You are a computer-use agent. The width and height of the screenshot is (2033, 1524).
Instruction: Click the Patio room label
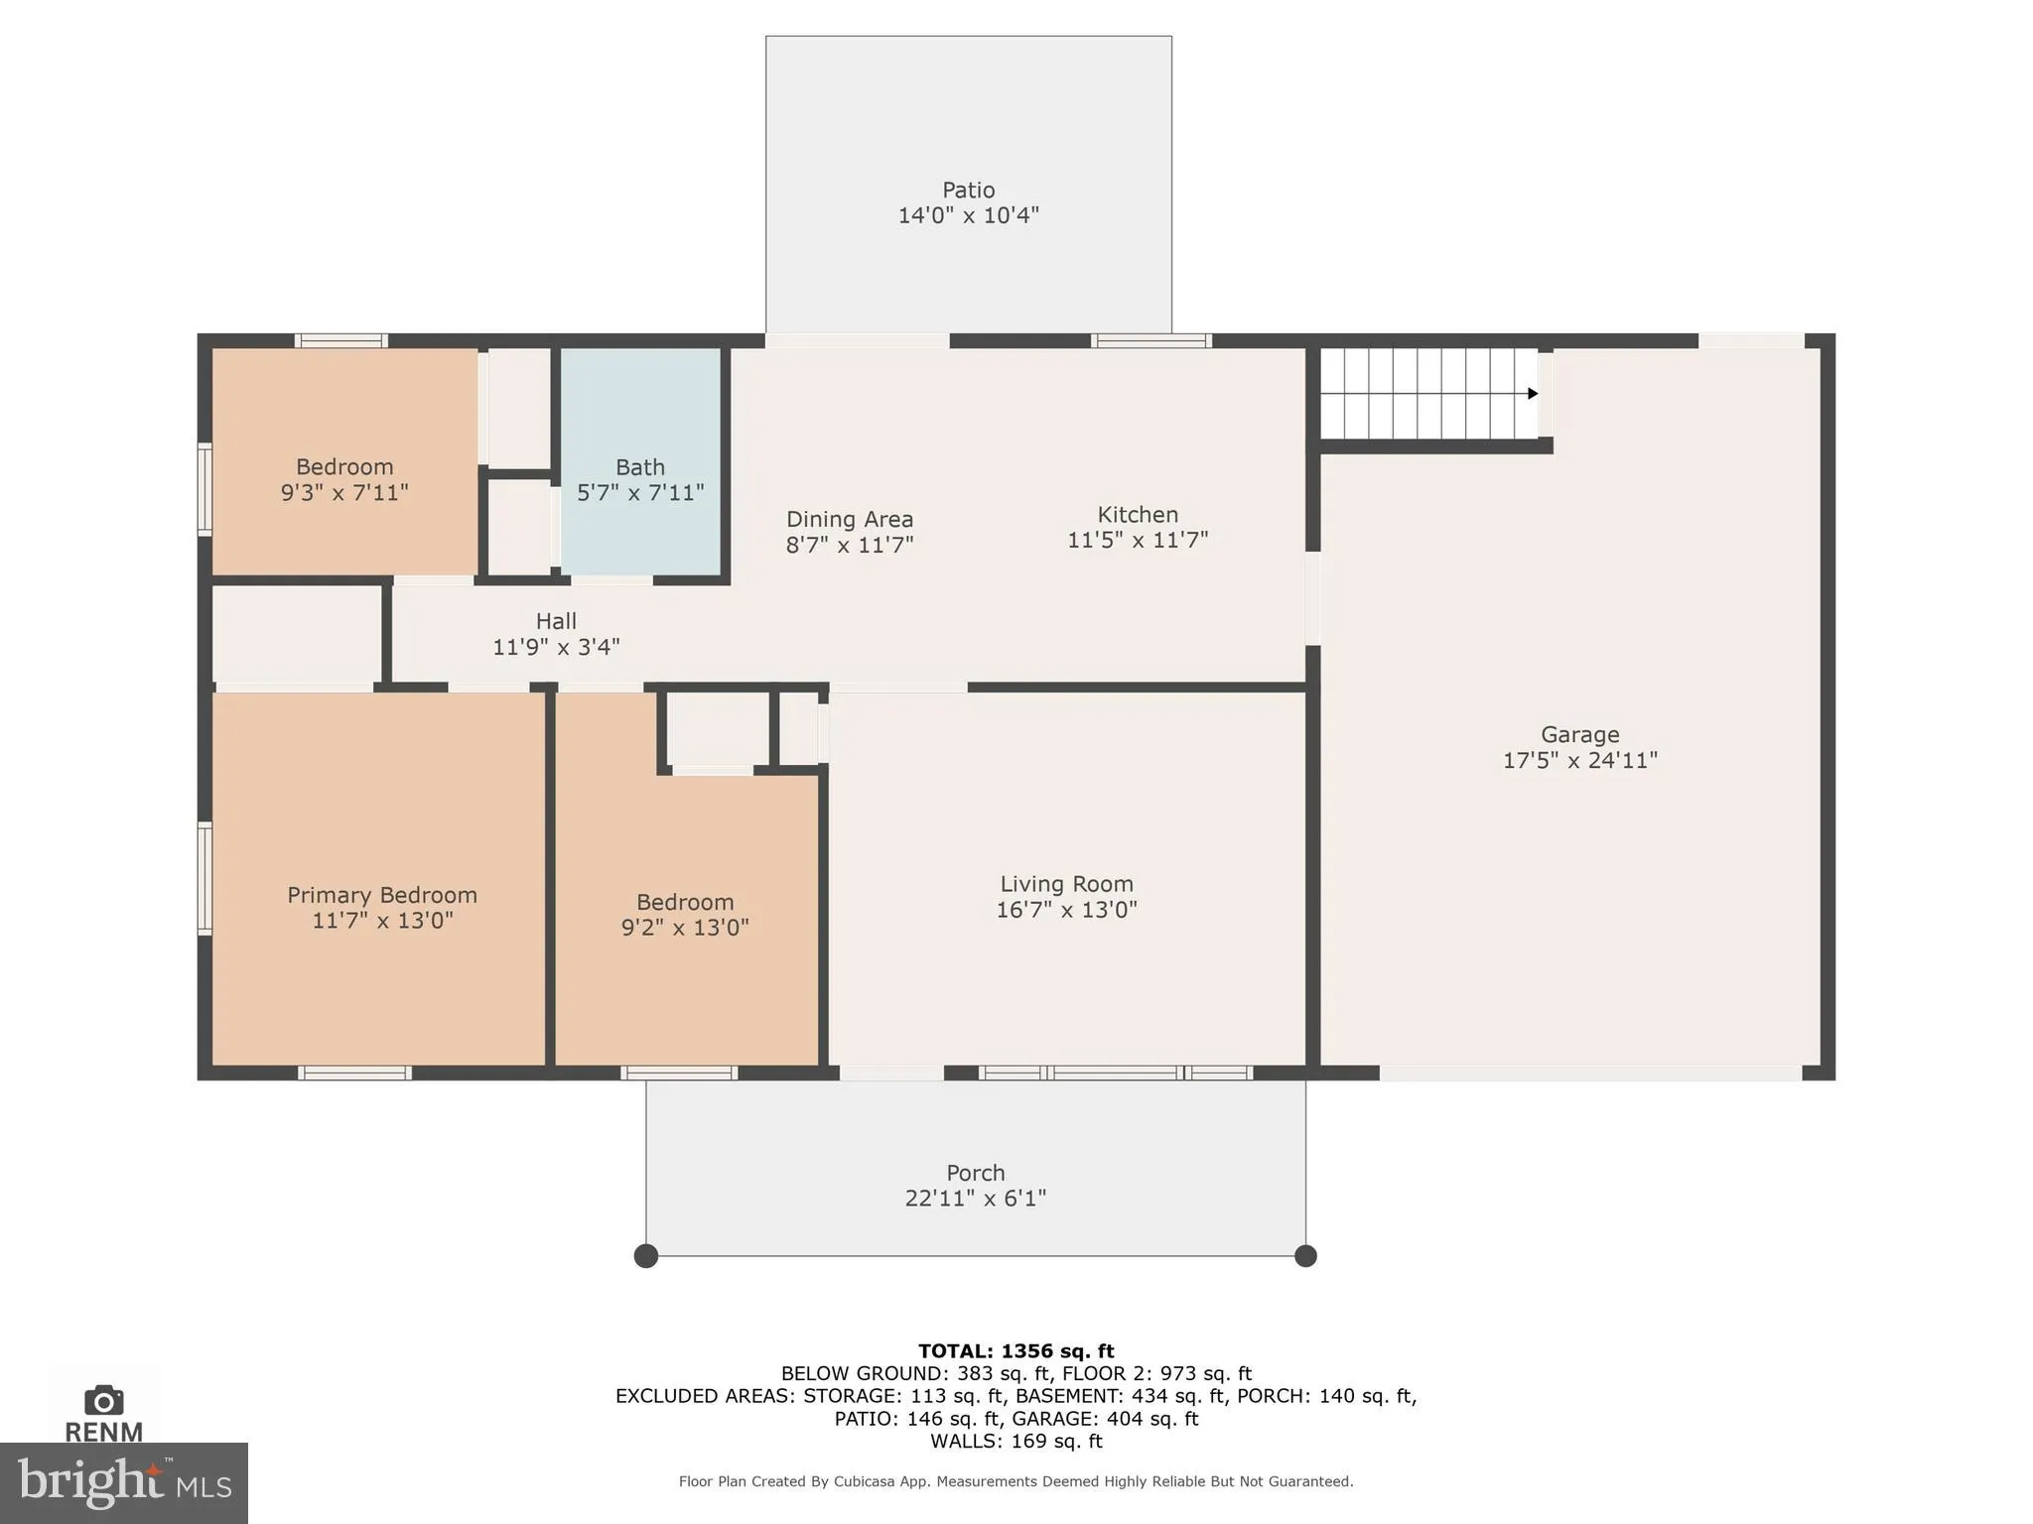968,190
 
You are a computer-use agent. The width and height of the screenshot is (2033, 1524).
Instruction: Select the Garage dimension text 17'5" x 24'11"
1579,761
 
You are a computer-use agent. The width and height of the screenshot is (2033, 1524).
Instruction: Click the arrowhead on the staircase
1533,394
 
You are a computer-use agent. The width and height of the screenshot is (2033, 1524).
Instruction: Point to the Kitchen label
1138,515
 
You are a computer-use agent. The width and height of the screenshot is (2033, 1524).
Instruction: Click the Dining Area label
849,519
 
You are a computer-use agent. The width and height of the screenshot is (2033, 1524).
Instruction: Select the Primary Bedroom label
382,895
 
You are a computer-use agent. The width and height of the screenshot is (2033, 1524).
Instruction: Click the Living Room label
1066,884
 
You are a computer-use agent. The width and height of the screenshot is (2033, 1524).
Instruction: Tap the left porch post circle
646,1256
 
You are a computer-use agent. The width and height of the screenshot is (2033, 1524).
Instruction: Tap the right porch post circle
1305,1256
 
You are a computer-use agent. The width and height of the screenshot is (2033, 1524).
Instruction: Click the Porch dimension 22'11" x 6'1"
975,1199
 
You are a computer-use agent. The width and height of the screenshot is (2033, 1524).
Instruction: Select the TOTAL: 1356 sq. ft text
1016,1351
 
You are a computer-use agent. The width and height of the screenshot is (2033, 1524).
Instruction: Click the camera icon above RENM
104,1401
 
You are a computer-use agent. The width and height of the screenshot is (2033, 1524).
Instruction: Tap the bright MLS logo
124,1483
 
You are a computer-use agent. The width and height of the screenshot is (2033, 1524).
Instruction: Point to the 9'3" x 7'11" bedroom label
344,480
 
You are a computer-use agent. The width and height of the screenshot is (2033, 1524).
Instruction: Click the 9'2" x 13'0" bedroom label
685,915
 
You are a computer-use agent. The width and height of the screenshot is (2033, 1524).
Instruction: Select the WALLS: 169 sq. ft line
1016,1441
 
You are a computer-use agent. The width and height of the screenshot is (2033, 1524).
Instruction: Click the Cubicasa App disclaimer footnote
1016,1481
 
